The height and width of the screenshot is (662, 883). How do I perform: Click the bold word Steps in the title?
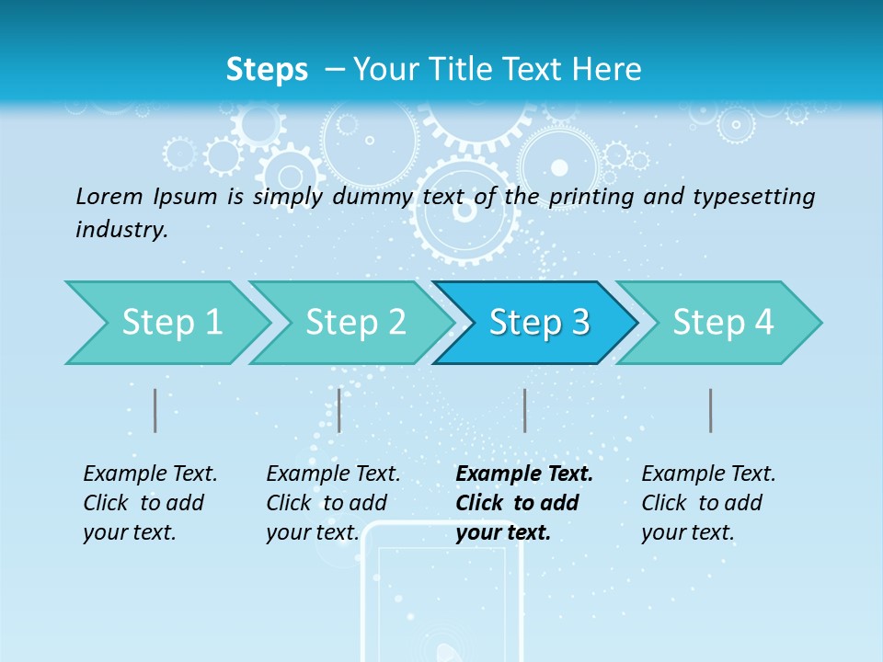[x=267, y=70]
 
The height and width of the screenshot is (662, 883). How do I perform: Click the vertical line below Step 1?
[x=155, y=410]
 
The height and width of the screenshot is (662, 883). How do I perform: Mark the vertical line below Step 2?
[x=339, y=410]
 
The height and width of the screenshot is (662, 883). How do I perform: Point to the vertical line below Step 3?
[x=524, y=410]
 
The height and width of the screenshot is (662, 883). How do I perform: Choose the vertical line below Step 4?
[x=711, y=410]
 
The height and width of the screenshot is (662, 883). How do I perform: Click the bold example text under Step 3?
[x=524, y=503]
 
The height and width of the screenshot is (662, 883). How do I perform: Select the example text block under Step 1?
[x=150, y=503]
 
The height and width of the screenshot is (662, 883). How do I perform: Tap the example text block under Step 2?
[x=333, y=503]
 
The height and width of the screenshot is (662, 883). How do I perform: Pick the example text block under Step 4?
[x=708, y=503]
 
